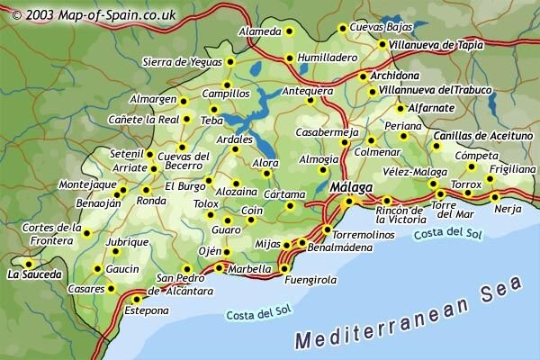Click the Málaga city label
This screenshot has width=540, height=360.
point(351,186)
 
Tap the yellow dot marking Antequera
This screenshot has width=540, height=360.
point(311,101)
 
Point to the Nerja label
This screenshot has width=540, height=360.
point(508,209)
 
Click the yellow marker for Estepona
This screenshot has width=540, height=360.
point(137,299)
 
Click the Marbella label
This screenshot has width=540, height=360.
point(247,268)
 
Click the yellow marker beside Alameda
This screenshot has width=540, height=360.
point(290,31)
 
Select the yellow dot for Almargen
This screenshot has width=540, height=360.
point(183,101)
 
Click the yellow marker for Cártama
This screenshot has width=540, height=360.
point(291,205)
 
